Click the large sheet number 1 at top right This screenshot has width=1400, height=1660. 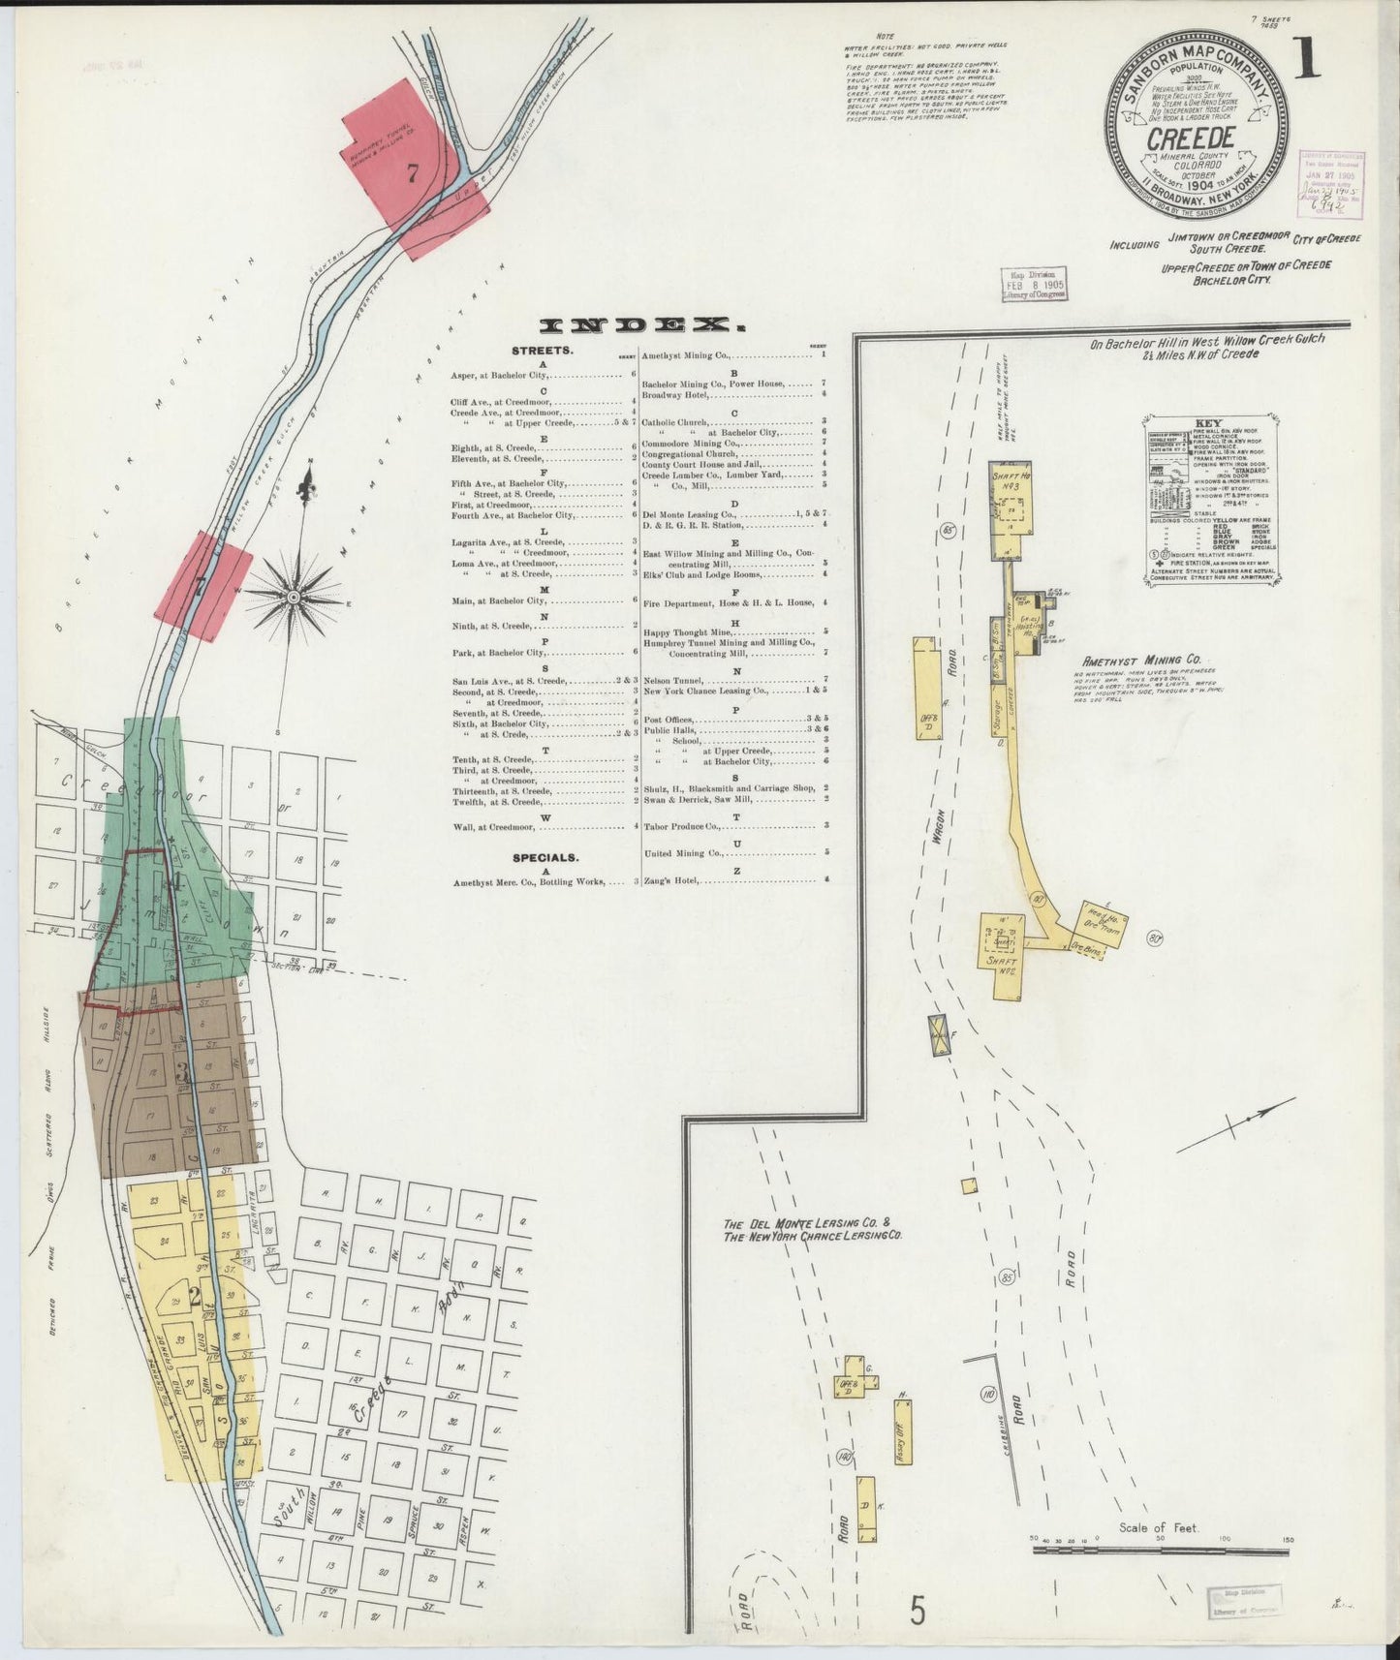coord(1309,61)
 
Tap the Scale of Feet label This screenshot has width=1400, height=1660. coord(1159,1528)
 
